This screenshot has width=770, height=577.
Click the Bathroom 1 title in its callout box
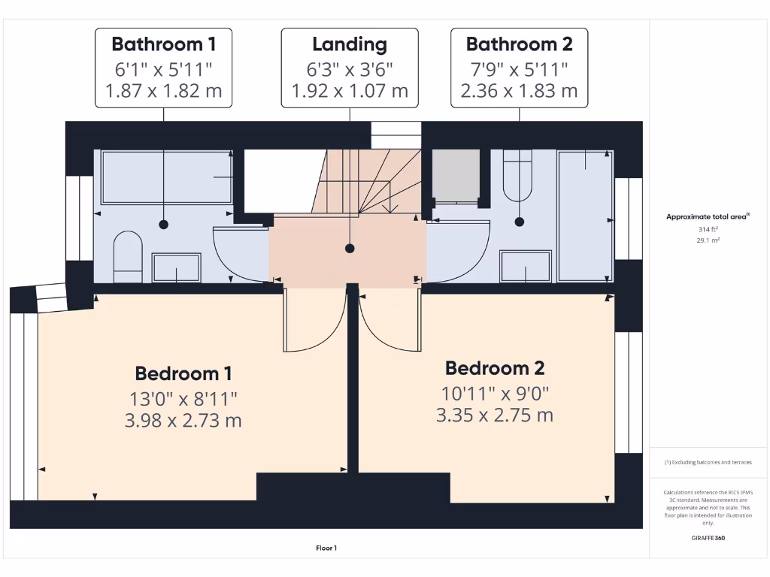click(x=163, y=44)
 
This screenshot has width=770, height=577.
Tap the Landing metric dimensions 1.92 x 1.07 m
click(x=350, y=91)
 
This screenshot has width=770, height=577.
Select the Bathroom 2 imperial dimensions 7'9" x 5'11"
click(x=519, y=68)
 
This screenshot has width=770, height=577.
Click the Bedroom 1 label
click(x=183, y=373)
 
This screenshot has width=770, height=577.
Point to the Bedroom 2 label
click(x=494, y=368)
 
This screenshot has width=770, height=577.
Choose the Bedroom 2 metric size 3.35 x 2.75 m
click(x=494, y=415)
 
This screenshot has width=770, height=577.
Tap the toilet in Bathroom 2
click(x=517, y=176)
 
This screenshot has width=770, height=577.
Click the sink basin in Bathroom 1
click(x=177, y=267)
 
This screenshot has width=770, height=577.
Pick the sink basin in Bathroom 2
click(x=526, y=266)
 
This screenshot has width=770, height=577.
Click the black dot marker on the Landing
click(x=350, y=248)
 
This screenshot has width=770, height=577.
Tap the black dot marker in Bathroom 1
click(x=163, y=225)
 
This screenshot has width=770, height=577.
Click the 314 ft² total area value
click(x=708, y=229)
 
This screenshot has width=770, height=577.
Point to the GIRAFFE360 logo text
click(x=708, y=538)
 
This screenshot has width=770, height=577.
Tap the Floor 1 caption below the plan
click(x=326, y=548)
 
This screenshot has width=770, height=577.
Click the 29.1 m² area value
click(x=708, y=240)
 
